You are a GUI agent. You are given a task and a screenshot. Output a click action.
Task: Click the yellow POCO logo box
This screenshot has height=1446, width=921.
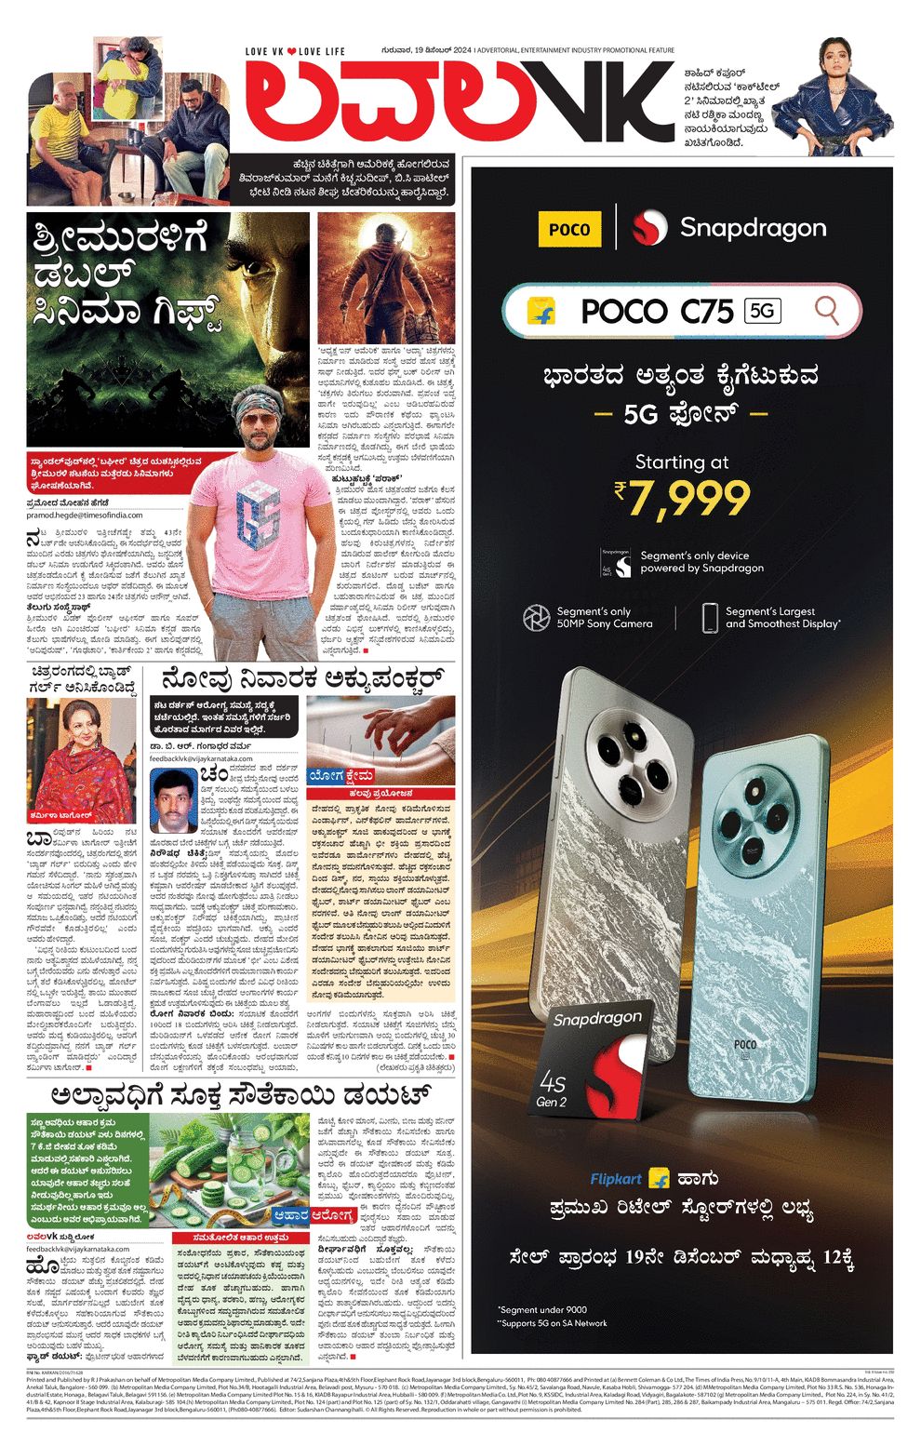(x=569, y=229)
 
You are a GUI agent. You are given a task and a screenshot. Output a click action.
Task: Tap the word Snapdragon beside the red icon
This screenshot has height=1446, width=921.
(x=753, y=228)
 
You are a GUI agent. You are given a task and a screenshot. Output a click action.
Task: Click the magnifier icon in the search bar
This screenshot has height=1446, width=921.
(x=826, y=310)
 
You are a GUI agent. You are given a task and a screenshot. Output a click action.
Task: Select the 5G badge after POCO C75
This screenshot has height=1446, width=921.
(x=762, y=310)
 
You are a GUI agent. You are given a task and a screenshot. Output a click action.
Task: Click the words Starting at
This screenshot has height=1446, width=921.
(x=682, y=462)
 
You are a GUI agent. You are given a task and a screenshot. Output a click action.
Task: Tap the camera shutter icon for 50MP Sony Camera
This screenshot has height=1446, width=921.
(x=536, y=617)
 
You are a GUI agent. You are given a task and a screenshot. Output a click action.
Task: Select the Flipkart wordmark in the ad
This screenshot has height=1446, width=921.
(x=616, y=1179)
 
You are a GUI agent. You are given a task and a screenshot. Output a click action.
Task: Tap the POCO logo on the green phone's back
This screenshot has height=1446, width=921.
(x=745, y=1044)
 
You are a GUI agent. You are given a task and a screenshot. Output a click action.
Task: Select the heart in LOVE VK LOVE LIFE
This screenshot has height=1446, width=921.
(x=291, y=51)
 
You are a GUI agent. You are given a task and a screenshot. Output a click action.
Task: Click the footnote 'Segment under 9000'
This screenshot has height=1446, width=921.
(x=541, y=1309)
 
